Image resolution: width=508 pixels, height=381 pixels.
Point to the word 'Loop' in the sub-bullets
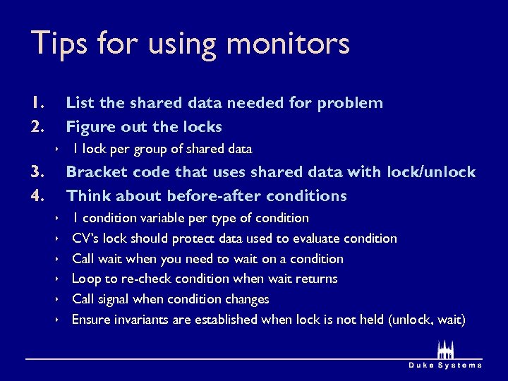click(x=87, y=279)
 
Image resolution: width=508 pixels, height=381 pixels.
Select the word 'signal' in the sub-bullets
click(x=111, y=299)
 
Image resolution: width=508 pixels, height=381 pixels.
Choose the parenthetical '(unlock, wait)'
click(x=427, y=320)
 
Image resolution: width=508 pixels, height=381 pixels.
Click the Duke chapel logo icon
click(x=445, y=349)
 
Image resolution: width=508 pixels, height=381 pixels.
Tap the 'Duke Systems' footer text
click(x=446, y=365)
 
